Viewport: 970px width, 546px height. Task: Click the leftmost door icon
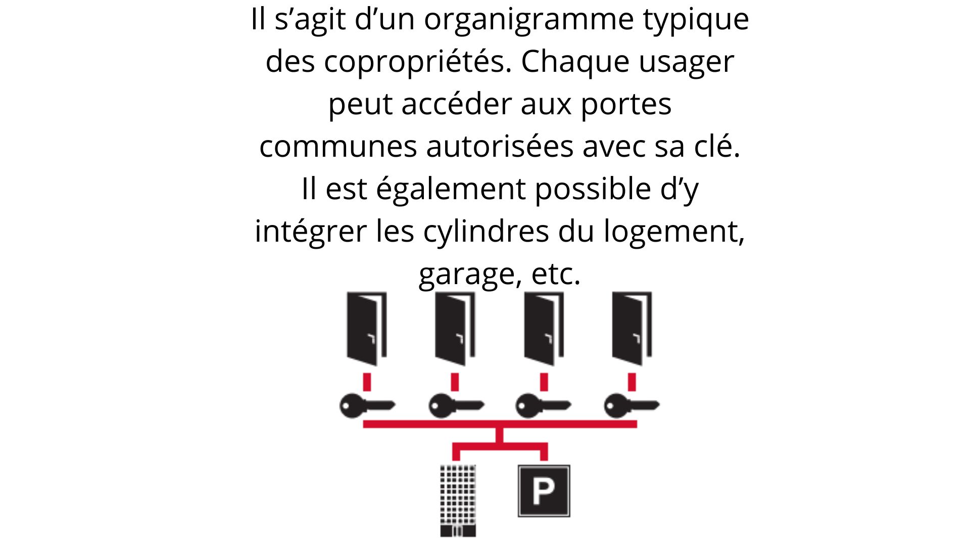[x=367, y=329]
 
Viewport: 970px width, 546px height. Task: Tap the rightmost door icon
[x=632, y=329]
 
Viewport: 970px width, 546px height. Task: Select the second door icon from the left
[x=455, y=329]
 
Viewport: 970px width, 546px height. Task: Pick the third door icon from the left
[x=544, y=329]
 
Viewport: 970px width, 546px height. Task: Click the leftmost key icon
[x=367, y=405]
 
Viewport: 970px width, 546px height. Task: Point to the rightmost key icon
[x=632, y=405]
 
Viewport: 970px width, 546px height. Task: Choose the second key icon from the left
[x=456, y=405]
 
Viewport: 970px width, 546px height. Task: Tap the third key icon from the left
[x=544, y=405]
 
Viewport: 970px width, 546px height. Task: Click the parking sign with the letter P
[x=544, y=491]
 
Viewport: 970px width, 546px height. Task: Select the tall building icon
[x=458, y=500]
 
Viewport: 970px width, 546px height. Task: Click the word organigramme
[x=529, y=20]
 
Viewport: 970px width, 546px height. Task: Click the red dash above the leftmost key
[x=367, y=382]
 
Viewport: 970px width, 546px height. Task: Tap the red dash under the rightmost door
[x=632, y=382]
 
